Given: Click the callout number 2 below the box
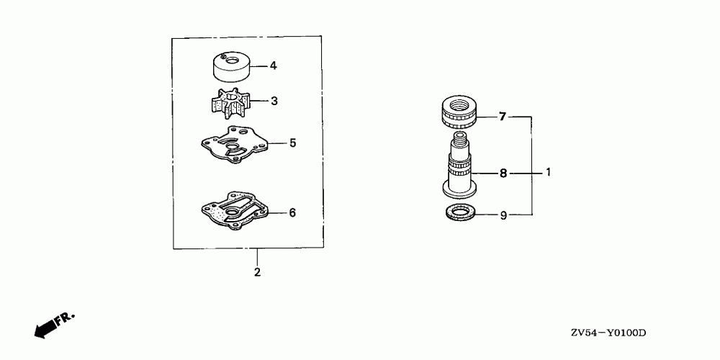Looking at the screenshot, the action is point(257,272).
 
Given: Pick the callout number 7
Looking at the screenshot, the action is point(503,117).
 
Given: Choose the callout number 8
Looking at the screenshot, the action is point(503,174).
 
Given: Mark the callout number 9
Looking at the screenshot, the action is point(503,215).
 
